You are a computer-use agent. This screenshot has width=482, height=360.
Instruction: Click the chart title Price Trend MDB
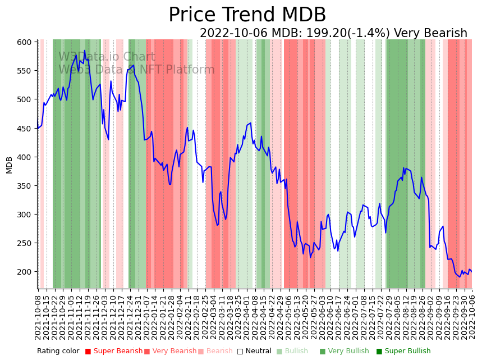[x=247, y=15]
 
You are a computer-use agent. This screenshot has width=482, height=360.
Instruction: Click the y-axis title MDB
[x=10, y=165]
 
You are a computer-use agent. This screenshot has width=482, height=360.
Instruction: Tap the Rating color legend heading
[x=58, y=352]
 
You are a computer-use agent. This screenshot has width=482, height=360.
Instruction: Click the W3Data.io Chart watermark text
[x=107, y=57]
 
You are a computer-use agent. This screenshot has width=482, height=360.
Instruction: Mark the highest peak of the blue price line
[x=85, y=51]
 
